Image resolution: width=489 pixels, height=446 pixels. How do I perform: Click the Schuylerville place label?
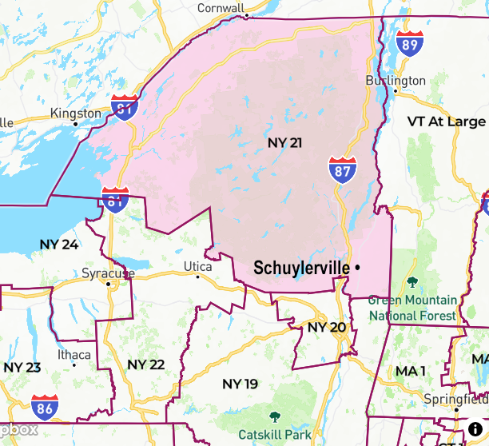(x=301, y=268)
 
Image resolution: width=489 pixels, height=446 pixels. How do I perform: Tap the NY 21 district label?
(x=284, y=142)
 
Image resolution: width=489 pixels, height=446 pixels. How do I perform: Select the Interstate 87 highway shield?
(x=341, y=170)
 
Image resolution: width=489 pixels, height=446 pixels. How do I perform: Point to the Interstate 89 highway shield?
(x=410, y=44)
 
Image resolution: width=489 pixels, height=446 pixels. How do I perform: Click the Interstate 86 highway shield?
(x=45, y=408)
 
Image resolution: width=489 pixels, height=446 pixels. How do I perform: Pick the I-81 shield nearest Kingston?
(x=125, y=107)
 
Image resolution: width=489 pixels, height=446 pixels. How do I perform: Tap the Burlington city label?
(x=396, y=81)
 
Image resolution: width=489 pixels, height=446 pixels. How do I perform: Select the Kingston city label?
(x=76, y=113)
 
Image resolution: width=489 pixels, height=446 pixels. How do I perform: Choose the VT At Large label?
(x=446, y=121)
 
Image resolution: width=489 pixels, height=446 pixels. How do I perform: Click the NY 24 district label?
(x=59, y=244)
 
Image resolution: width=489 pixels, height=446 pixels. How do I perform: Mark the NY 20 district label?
(x=326, y=328)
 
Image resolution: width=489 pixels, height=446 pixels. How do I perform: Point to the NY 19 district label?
(x=240, y=384)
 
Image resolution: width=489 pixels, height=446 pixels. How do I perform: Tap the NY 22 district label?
(x=145, y=364)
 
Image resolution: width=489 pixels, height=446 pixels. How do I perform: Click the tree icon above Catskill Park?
(x=275, y=416)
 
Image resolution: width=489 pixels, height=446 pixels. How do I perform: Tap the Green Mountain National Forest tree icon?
(x=412, y=281)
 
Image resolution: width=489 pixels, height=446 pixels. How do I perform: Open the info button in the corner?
(x=476, y=429)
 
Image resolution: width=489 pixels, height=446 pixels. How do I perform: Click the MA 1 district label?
(x=411, y=372)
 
